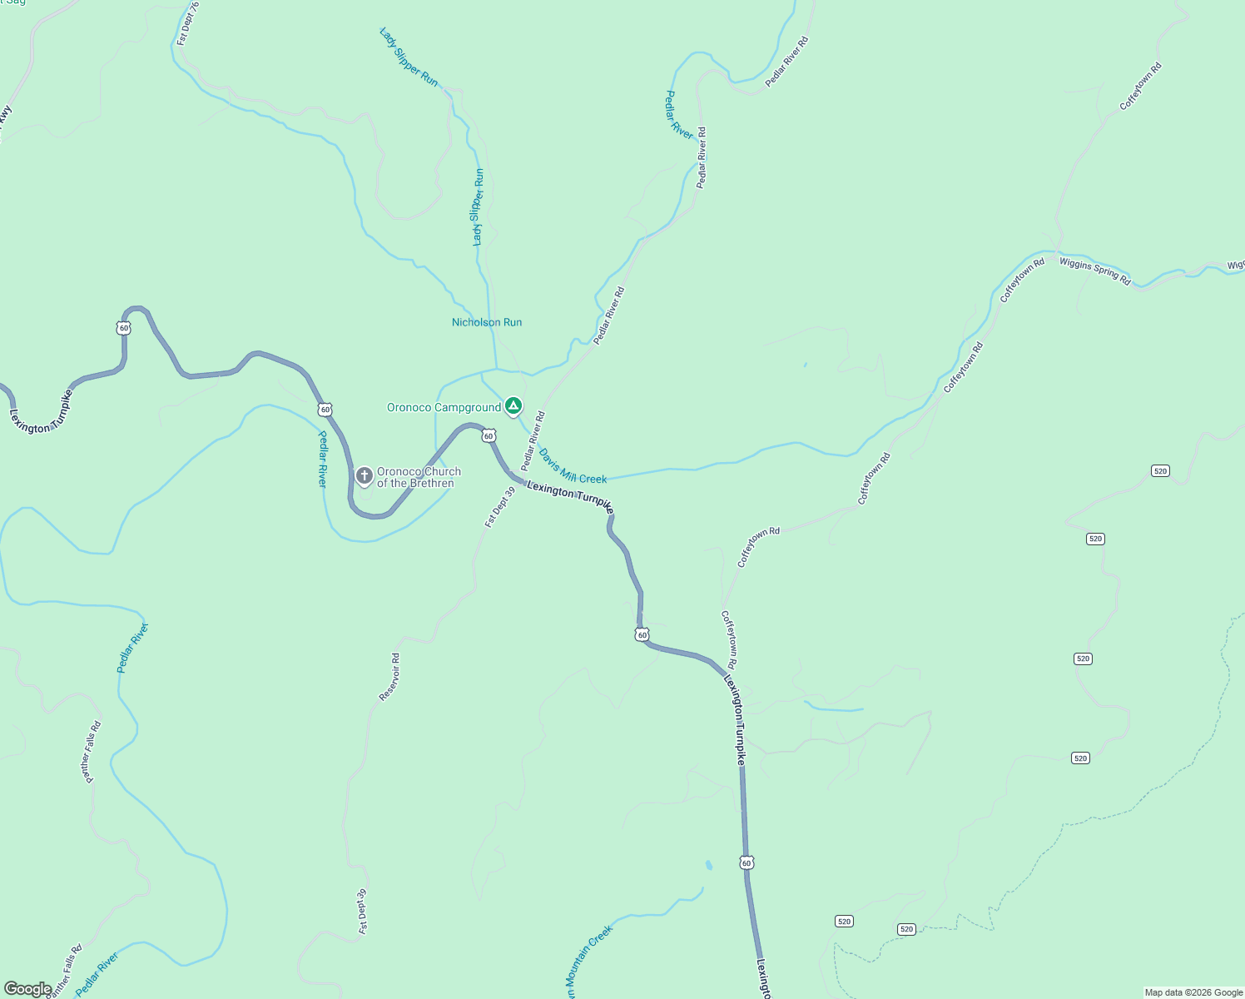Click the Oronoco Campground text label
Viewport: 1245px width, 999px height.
click(x=444, y=407)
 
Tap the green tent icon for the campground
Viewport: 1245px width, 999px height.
click(x=513, y=406)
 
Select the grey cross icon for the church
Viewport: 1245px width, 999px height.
click(x=364, y=476)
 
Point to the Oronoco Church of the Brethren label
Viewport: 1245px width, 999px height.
click(x=419, y=477)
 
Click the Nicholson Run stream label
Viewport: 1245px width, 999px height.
click(x=487, y=322)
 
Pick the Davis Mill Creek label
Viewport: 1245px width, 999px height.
click(x=573, y=467)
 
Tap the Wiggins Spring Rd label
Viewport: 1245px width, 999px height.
click(x=1094, y=271)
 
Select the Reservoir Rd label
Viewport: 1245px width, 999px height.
click(x=389, y=676)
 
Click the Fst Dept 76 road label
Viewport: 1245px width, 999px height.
click(x=188, y=23)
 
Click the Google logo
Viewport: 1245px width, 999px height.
click(x=27, y=989)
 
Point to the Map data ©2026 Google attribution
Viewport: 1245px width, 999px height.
click(x=1193, y=992)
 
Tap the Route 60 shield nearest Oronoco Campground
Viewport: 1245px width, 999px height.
click(x=489, y=435)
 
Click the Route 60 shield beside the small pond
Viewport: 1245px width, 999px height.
click(x=747, y=862)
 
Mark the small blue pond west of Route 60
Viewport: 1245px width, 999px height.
click(x=708, y=865)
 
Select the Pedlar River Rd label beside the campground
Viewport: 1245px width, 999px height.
click(x=533, y=440)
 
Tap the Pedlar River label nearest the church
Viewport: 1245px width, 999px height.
click(x=323, y=458)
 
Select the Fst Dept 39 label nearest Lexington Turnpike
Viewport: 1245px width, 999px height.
click(x=500, y=507)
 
